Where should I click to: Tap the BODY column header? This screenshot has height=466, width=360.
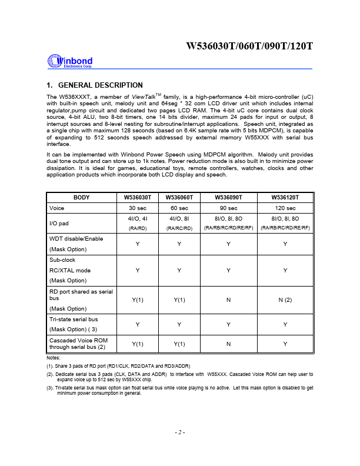(82, 198)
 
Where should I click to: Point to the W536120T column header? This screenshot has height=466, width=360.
(285, 198)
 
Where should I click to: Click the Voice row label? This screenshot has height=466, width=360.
(57, 208)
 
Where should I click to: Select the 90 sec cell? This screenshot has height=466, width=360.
(229, 208)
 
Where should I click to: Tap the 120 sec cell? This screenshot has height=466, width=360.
(285, 208)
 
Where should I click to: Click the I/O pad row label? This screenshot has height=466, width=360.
(60, 223)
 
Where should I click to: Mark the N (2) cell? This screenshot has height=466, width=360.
(285, 300)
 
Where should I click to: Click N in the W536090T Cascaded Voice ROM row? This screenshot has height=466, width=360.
(229, 344)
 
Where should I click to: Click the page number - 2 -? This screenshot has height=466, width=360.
(180, 432)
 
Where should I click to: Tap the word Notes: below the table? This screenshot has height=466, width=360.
(54, 358)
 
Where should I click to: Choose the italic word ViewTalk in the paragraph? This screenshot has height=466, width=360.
(144, 96)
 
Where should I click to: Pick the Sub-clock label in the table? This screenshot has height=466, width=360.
(62, 259)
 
